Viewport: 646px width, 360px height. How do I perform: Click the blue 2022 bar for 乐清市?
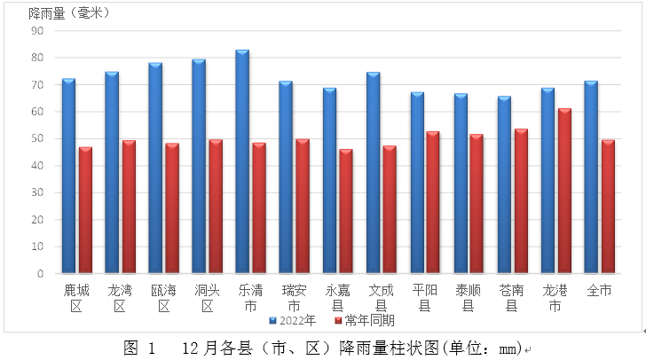[242, 161]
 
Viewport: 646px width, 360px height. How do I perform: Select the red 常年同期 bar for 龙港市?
[564, 191]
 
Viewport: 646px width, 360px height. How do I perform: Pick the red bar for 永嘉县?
[346, 211]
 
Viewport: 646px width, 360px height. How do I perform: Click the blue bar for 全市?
[591, 176]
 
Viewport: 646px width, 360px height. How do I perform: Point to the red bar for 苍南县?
[521, 201]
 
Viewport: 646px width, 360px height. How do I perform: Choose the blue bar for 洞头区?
[199, 166]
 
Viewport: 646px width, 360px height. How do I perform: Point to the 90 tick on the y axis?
[37, 31]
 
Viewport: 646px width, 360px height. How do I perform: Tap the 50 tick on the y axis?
[37, 139]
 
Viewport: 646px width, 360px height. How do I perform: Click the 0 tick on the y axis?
[41, 274]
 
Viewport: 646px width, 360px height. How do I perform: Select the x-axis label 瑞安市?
[294, 297]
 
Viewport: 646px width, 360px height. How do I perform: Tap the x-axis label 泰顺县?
[468, 297]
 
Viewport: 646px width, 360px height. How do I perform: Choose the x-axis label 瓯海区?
[163, 297]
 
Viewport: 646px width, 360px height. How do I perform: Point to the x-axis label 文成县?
[381, 297]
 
